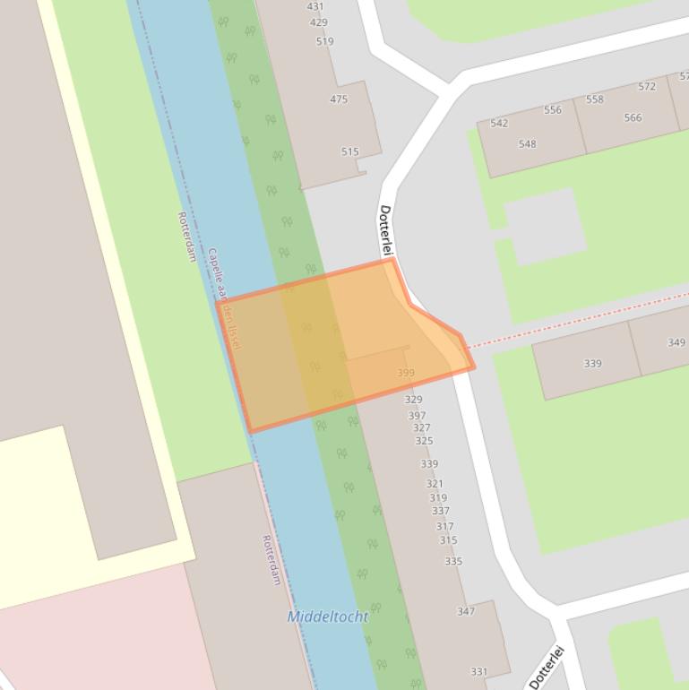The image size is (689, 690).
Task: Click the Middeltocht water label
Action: tap(327, 617)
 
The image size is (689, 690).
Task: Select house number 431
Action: tap(315, 6)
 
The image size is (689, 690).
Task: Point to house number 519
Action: tap(324, 41)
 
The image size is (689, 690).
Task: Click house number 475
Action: tap(339, 99)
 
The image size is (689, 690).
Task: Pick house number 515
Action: tap(349, 152)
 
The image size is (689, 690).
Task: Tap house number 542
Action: tap(499, 124)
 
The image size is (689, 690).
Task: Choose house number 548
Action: tap(527, 144)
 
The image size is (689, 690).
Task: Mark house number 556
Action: tap(552, 110)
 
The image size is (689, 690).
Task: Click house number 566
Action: tap(633, 118)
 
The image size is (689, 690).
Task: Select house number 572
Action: tap(647, 87)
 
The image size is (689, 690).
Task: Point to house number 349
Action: tap(676, 342)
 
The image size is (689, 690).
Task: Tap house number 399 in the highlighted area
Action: tap(406, 373)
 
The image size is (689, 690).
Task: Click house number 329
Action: tap(413, 400)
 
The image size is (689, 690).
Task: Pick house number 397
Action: tap(417, 416)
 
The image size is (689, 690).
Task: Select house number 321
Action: tap(435, 484)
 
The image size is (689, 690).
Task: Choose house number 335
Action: tap(453, 562)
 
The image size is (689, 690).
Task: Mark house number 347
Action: tap(466, 611)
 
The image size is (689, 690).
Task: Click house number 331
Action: tap(479, 672)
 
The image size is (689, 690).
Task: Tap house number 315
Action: tap(448, 540)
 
